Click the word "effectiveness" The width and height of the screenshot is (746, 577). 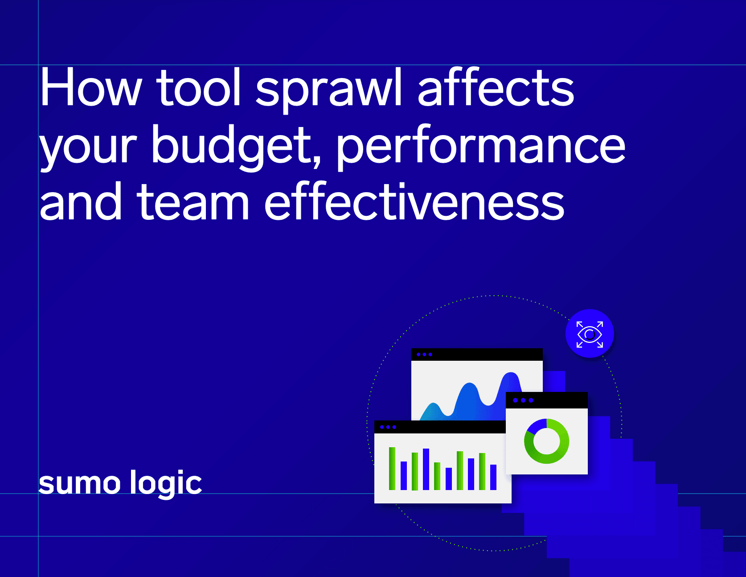point(414,203)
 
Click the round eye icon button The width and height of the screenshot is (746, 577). point(589,334)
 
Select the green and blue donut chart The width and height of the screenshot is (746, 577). point(546,441)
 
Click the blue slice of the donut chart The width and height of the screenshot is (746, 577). point(537,426)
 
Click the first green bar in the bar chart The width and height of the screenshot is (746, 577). point(392,468)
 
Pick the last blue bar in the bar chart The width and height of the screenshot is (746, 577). point(493,477)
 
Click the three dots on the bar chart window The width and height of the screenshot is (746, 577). point(388,427)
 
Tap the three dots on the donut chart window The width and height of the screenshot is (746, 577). point(523,400)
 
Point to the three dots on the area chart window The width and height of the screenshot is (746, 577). point(424,354)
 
